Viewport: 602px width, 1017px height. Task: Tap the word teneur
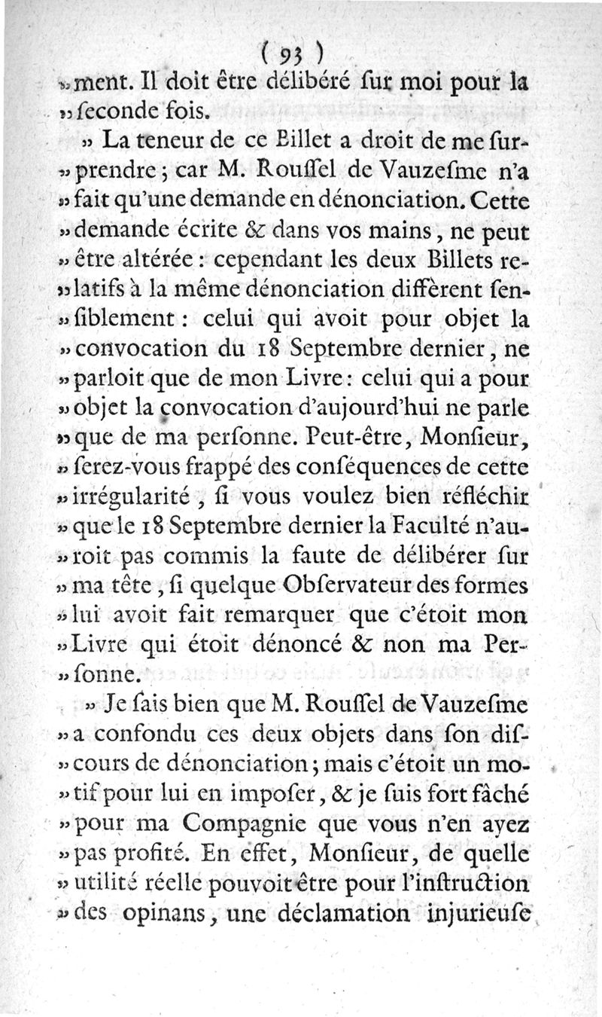pyautogui.click(x=158, y=140)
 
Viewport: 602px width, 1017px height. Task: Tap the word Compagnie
pyautogui.click(x=273, y=820)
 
